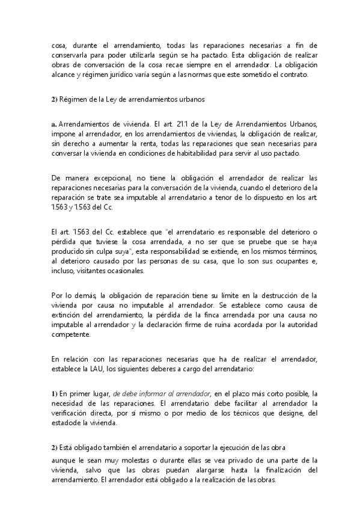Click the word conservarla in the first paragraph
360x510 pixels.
point(70,54)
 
